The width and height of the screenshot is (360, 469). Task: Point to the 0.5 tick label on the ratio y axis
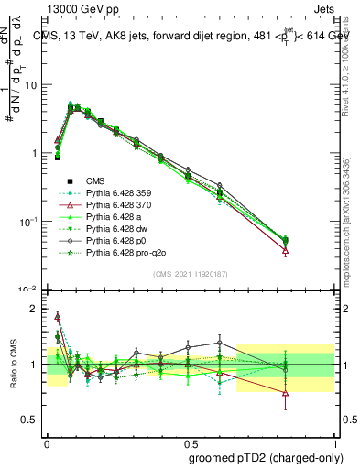[x=28, y=420]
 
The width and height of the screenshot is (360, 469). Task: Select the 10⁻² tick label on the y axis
[x=28, y=289]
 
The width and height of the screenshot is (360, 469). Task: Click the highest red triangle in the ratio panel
[x=58, y=316]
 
